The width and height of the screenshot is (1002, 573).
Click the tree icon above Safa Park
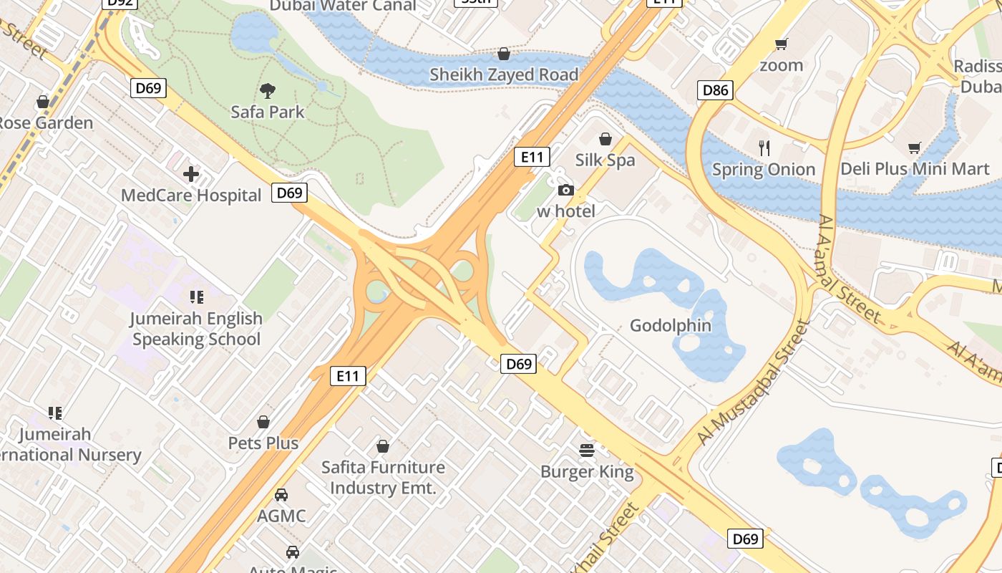(268, 91)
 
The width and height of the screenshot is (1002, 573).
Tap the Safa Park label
(268, 112)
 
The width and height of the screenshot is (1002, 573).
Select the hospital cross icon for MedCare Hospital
(191, 174)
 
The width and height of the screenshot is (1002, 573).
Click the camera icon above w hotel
(565, 190)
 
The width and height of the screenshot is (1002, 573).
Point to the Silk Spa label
(605, 160)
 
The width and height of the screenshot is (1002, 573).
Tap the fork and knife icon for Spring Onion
(764, 148)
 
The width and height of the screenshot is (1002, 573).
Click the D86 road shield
(715, 90)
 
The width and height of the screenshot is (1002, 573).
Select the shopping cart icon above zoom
(782, 44)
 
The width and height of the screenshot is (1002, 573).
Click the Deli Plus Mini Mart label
(915, 169)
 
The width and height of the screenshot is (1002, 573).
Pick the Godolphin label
(671, 326)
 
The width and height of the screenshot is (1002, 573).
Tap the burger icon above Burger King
(587, 451)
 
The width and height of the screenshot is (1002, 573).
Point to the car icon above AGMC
(281, 495)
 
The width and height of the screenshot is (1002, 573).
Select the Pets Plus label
(263, 443)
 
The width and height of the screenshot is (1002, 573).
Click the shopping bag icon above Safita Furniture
(383, 446)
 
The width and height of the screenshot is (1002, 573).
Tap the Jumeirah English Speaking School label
(196, 329)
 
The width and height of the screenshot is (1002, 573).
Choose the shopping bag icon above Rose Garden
(43, 102)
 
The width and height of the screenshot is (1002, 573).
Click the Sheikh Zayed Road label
(504, 74)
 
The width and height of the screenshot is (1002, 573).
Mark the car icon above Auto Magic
(293, 552)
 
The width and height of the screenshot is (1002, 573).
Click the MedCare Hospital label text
(191, 196)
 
